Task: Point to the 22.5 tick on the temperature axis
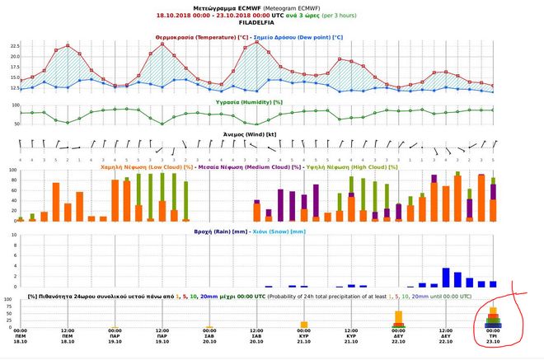tap(14, 46)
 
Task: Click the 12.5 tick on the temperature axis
tap(14, 87)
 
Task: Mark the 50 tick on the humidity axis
tap(16, 124)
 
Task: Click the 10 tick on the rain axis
tap(16, 236)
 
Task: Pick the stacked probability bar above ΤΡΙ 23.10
tap(493, 319)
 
